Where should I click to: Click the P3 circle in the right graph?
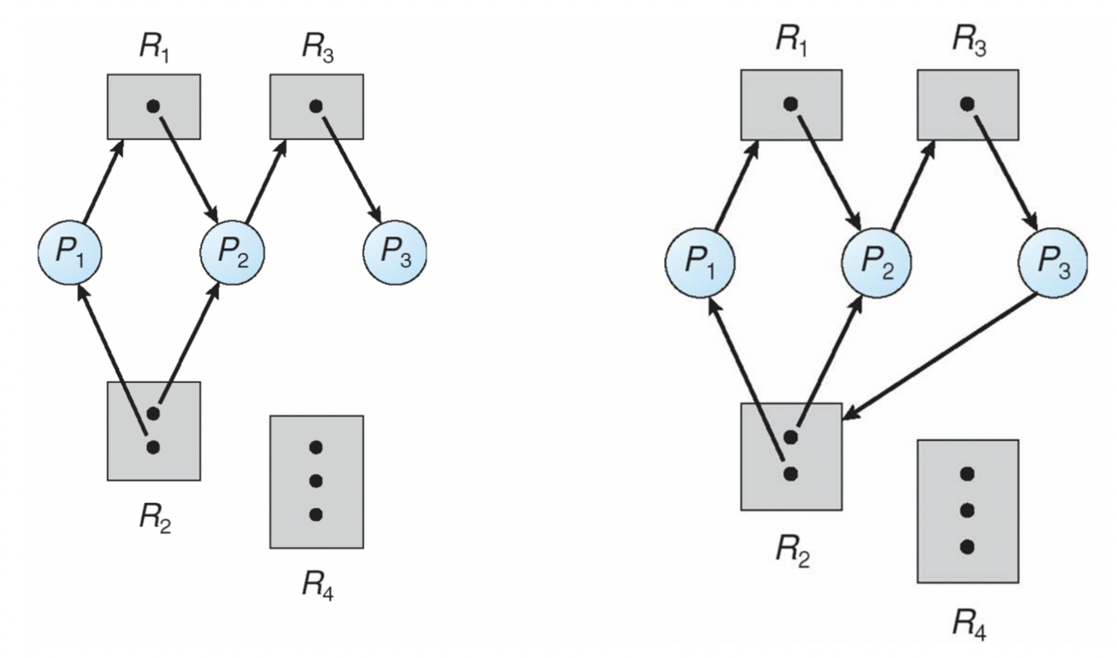tap(1052, 263)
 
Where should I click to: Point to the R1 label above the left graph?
tap(154, 46)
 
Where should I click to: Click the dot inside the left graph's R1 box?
tap(152, 106)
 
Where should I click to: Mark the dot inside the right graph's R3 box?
tap(967, 103)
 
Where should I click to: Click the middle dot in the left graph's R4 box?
tap(316, 480)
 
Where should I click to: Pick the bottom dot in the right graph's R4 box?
tap(967, 546)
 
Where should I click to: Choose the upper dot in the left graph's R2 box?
tap(153, 413)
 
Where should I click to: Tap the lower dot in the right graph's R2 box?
tap(790, 473)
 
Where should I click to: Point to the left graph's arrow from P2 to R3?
tap(265, 180)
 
